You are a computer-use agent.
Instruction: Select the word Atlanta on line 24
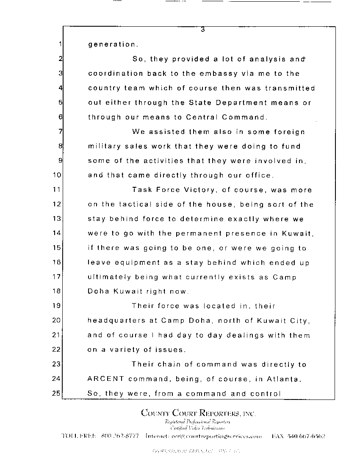tap(285, 379)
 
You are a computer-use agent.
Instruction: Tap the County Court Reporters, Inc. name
tap(198, 413)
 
